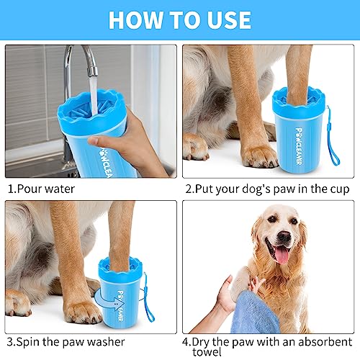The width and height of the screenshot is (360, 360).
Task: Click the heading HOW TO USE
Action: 180,20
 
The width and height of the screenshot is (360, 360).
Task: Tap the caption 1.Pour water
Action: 41,189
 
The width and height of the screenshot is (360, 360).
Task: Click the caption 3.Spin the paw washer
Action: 66,341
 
